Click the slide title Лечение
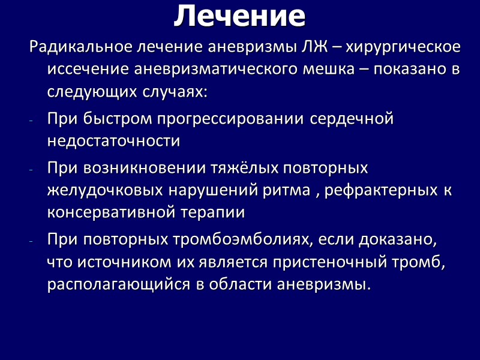239,17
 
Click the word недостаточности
113,142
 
